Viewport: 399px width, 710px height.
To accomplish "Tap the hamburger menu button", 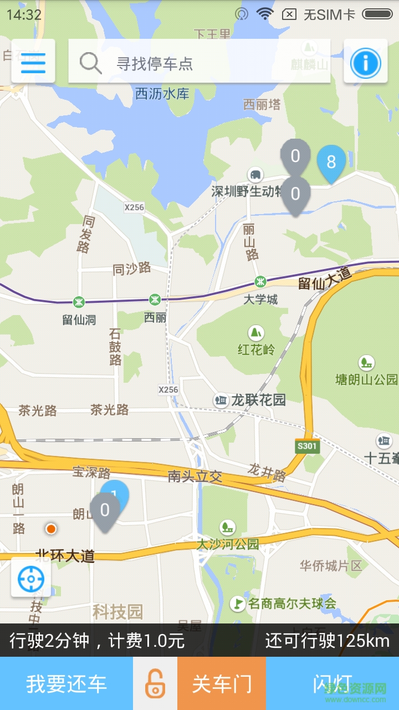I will (33, 62).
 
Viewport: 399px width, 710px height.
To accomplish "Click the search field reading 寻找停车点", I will (199, 62).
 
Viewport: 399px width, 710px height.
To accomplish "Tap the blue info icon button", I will (365, 62).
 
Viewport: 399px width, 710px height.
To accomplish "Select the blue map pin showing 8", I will (331, 163).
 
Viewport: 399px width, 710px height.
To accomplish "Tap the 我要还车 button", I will (66, 683).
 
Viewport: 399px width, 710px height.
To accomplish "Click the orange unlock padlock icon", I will (155, 683).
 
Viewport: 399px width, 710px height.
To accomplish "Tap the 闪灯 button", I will (332, 683).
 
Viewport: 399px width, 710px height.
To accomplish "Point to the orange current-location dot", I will (51, 529).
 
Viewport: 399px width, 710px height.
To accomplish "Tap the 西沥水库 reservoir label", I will (162, 94).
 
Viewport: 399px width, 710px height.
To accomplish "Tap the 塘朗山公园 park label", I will (366, 379).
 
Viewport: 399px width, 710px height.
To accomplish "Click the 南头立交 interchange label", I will (195, 476).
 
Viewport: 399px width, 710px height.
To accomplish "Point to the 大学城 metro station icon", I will (260, 281).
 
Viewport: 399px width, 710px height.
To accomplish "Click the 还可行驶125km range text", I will (327, 641).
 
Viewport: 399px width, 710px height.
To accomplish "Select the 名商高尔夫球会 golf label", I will (291, 603).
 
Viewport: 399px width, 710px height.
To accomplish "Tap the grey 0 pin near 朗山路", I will (105, 510).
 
